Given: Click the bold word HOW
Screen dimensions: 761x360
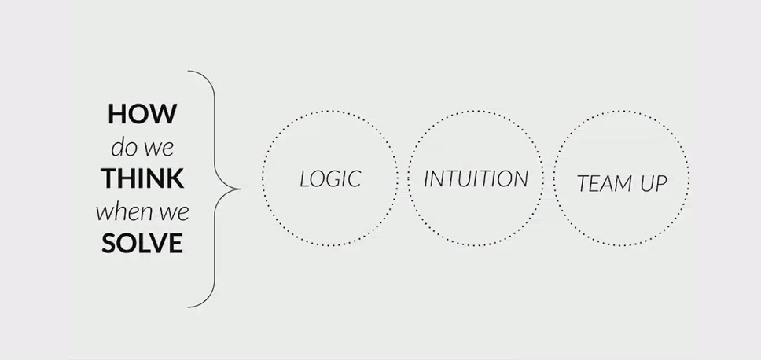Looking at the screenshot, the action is [142, 113].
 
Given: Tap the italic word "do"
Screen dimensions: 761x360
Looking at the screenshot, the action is [123, 147].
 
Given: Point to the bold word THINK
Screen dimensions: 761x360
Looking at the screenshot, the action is [143, 178].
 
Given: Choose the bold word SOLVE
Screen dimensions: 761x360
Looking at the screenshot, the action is [142, 243].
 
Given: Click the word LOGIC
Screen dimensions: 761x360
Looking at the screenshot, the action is [330, 178].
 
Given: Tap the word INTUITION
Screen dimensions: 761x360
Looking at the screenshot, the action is [476, 178].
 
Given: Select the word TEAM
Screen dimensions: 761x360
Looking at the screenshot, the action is [604, 183].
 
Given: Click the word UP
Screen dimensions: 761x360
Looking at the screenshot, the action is [654, 183].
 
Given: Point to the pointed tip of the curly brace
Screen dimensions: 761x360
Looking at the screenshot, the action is [241, 189].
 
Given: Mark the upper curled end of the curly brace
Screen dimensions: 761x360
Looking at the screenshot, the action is [189, 72].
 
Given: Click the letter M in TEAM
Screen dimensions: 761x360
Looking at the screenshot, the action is [620, 183].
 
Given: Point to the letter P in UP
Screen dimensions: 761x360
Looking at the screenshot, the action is [661, 183].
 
